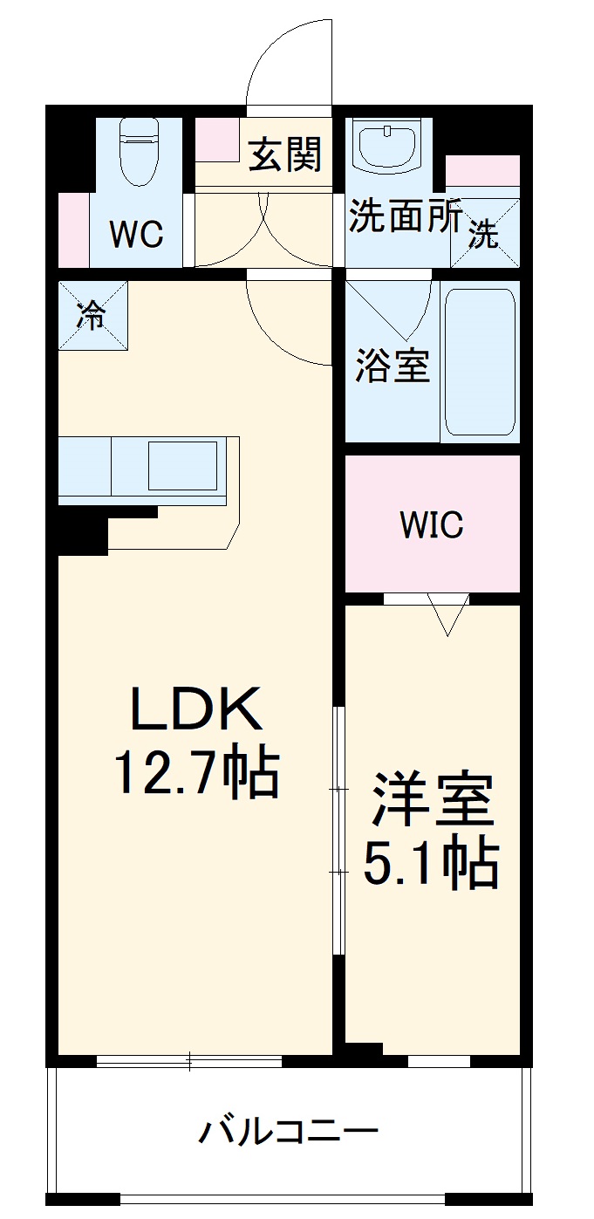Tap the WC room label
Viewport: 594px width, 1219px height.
click(135, 234)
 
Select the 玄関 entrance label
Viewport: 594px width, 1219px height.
click(285, 154)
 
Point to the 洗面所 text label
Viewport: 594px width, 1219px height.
click(405, 217)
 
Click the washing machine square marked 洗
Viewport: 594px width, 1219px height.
click(484, 233)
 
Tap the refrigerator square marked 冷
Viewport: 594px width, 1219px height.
click(92, 315)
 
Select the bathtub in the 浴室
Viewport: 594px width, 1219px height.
click(479, 361)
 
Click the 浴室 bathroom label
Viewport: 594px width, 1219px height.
click(393, 366)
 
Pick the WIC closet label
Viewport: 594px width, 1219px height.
click(432, 524)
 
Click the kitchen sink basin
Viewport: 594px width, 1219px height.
click(181, 465)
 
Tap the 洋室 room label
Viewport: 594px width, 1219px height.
click(433, 800)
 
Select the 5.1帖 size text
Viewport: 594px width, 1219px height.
click(431, 864)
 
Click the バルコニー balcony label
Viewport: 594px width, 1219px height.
click(289, 1132)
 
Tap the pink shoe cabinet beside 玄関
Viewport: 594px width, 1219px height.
click(216, 138)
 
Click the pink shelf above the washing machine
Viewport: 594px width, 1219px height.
click(482, 170)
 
